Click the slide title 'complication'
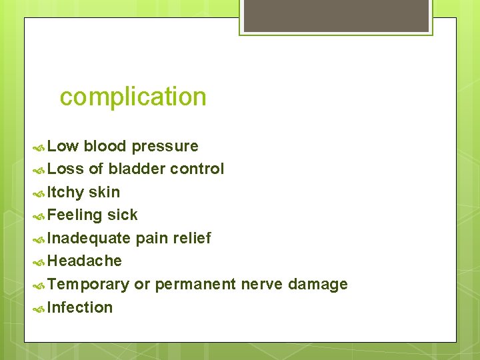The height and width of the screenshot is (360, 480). [x=133, y=97]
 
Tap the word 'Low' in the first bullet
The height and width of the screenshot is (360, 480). [x=63, y=146]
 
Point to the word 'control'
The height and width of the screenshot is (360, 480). [x=197, y=169]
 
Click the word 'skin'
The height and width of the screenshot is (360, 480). [x=105, y=192]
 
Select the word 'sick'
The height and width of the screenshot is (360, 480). [x=122, y=215]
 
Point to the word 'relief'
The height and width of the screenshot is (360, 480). [x=191, y=238]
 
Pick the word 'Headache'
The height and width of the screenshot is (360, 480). [x=85, y=261]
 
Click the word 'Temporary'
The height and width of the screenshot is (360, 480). [x=89, y=285]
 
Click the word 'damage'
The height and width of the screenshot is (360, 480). [x=318, y=285]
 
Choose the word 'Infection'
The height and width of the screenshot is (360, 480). [x=80, y=307]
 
